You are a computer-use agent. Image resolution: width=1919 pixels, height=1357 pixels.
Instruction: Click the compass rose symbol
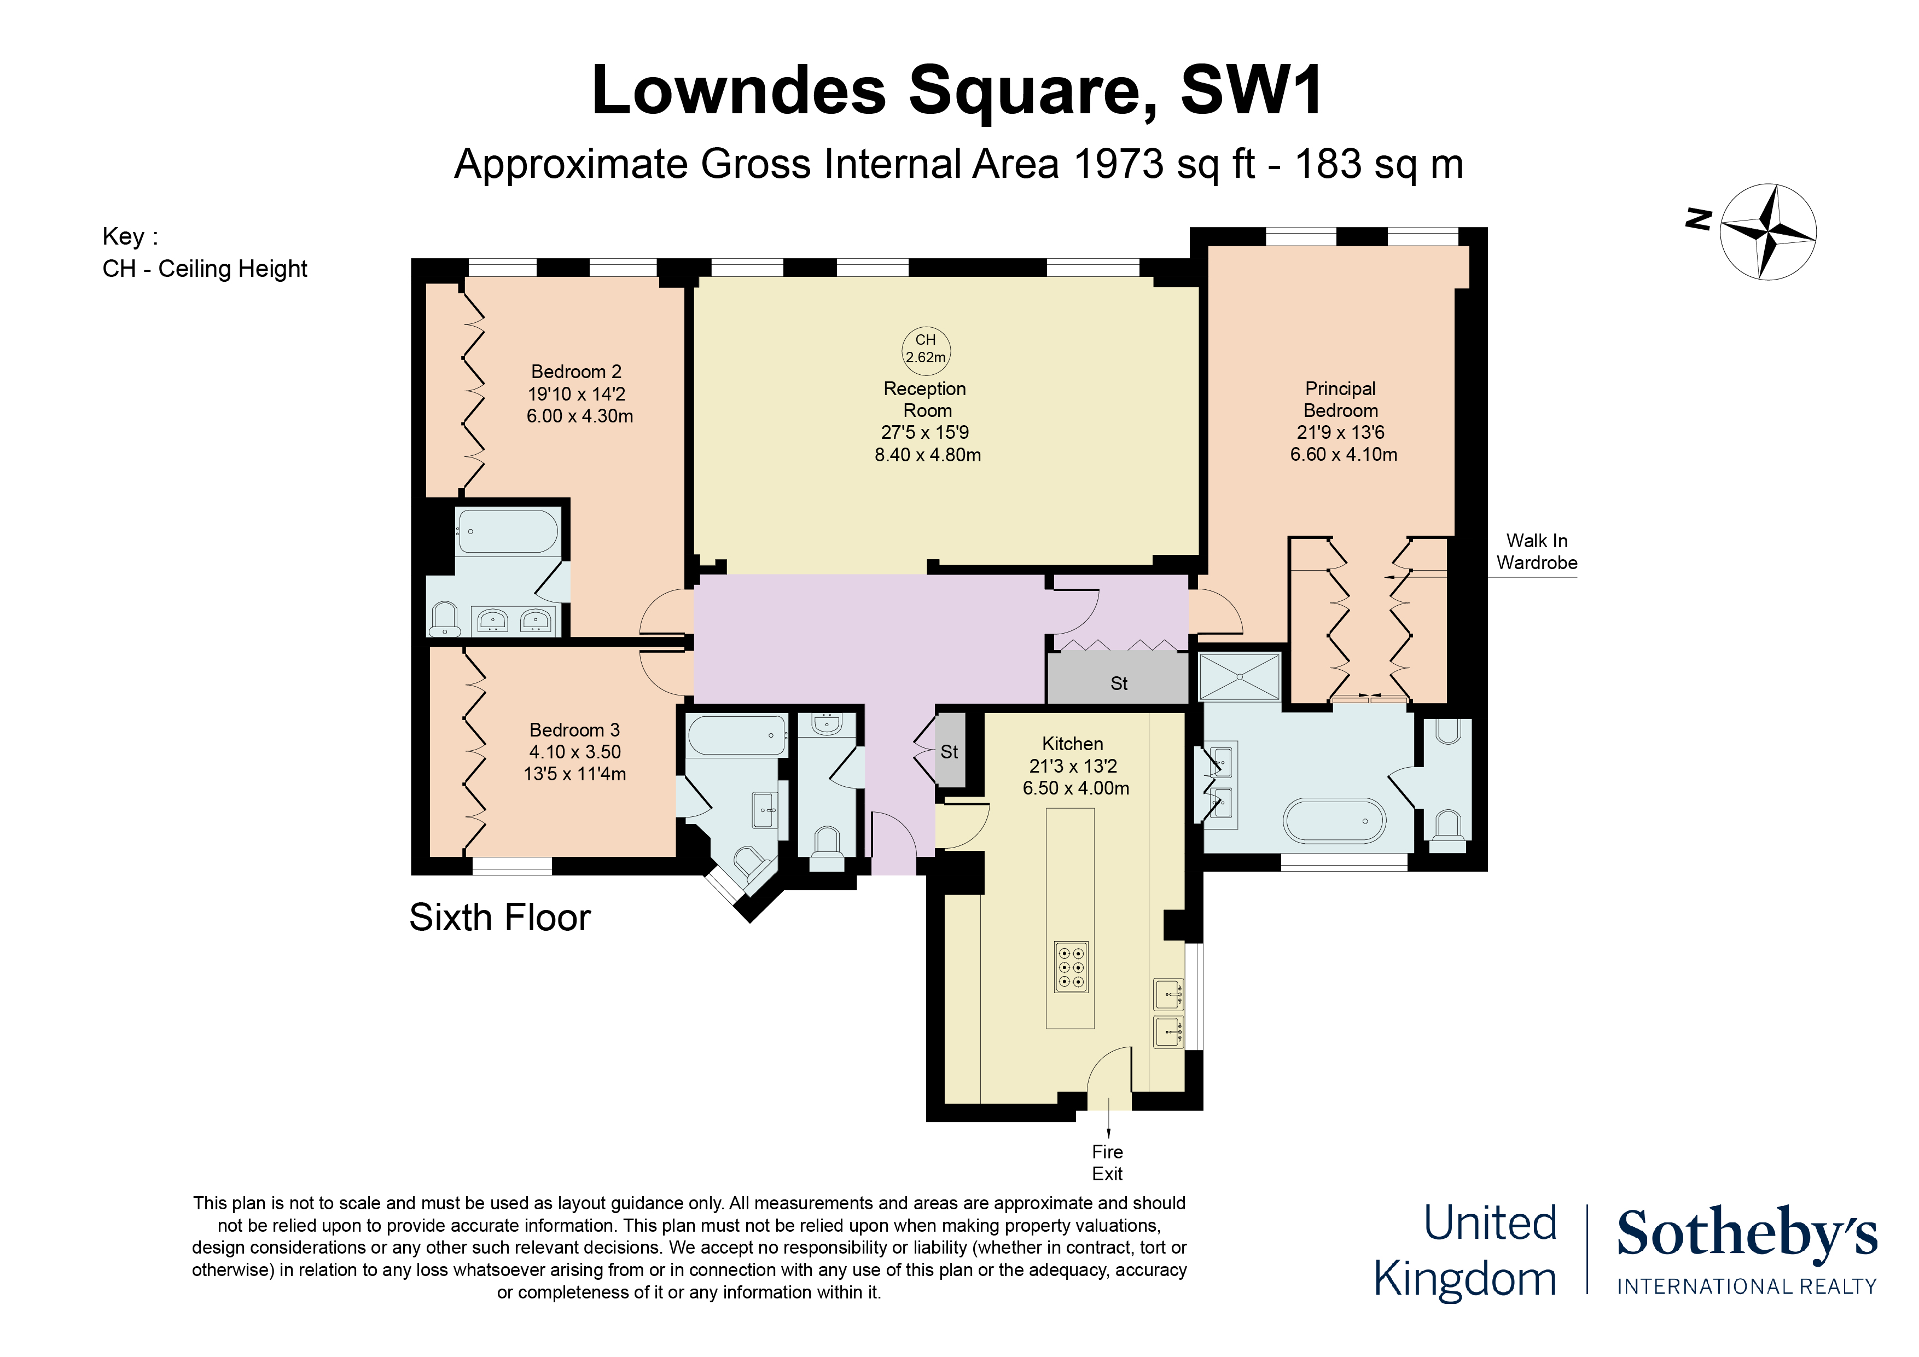(1767, 231)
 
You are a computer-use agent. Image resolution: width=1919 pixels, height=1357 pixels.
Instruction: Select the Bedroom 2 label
(576, 371)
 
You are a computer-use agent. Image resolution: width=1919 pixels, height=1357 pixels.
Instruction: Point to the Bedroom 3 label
(574, 730)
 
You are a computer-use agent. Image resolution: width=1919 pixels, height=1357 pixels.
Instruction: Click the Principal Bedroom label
(1341, 399)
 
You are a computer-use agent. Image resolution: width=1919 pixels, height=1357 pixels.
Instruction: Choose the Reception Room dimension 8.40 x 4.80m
(928, 455)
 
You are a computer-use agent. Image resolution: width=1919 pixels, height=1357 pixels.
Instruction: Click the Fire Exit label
(1107, 1163)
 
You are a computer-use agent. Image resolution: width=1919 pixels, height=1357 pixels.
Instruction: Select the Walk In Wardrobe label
(1537, 552)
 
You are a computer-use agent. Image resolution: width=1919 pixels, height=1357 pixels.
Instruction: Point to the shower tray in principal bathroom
(1240, 676)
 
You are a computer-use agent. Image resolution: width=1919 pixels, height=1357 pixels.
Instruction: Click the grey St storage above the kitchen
(1118, 678)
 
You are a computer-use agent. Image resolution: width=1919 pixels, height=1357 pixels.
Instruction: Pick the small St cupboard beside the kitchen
(950, 750)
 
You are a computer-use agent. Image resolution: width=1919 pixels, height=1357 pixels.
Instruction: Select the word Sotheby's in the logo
(1747, 1232)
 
